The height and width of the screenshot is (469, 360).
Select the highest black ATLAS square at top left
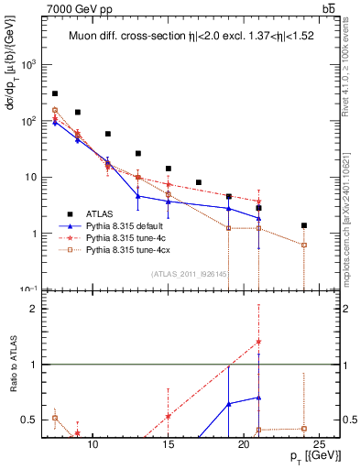click(x=55, y=93)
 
